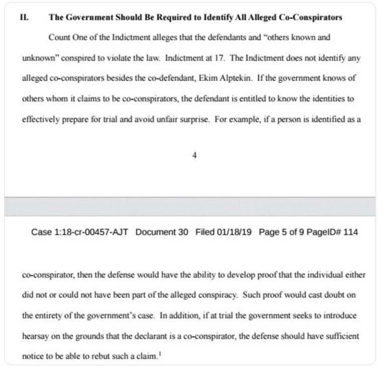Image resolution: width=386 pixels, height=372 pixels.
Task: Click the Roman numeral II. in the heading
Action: [23, 17]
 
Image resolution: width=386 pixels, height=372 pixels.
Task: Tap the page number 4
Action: [194, 155]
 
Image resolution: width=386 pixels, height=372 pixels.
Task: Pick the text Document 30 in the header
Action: [163, 232]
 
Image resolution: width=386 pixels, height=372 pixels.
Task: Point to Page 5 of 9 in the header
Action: [283, 232]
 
